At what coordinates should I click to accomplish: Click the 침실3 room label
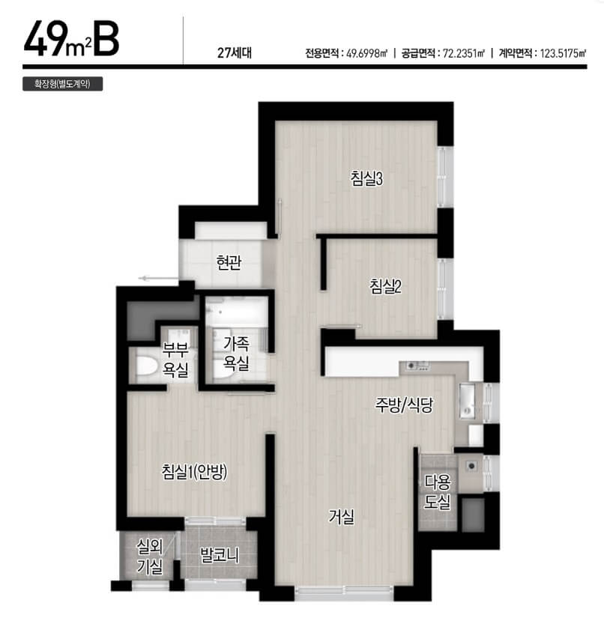coord(366,178)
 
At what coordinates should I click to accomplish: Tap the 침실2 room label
coord(385,286)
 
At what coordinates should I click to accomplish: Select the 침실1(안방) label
coord(194,471)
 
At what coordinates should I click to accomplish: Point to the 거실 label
coord(341,516)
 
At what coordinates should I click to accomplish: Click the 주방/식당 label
coord(404,405)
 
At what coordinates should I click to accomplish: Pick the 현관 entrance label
coord(229,262)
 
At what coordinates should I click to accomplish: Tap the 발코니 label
coord(219,555)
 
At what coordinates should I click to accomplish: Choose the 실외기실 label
coord(149,557)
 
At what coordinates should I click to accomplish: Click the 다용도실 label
coord(438,492)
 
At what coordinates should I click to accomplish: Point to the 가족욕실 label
coord(236,354)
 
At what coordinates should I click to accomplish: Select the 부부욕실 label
coord(175,360)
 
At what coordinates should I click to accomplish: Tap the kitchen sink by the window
coord(468,401)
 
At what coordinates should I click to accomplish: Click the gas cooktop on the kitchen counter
coord(417,366)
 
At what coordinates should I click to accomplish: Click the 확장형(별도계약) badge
coord(63,84)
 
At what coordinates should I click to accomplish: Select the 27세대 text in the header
coord(235,52)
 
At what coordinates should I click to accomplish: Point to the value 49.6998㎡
coord(366,53)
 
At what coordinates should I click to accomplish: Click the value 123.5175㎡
coord(564,53)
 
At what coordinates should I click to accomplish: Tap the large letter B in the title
coord(106,40)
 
